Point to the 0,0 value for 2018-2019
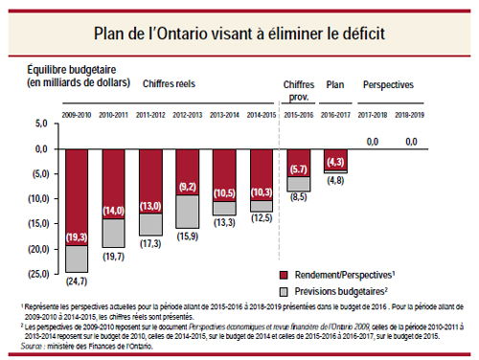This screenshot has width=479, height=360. click(x=412, y=142)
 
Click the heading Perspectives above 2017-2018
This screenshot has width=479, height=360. click(x=389, y=85)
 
